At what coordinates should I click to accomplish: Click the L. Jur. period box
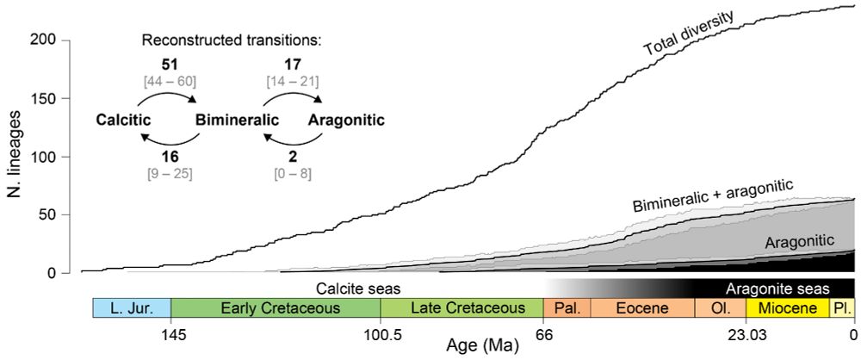(x=131, y=308)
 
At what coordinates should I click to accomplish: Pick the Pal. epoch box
(x=567, y=308)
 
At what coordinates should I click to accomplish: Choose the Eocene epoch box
(x=637, y=308)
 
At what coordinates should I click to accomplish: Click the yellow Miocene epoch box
(x=788, y=308)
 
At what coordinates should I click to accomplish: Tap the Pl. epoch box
(x=841, y=308)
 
